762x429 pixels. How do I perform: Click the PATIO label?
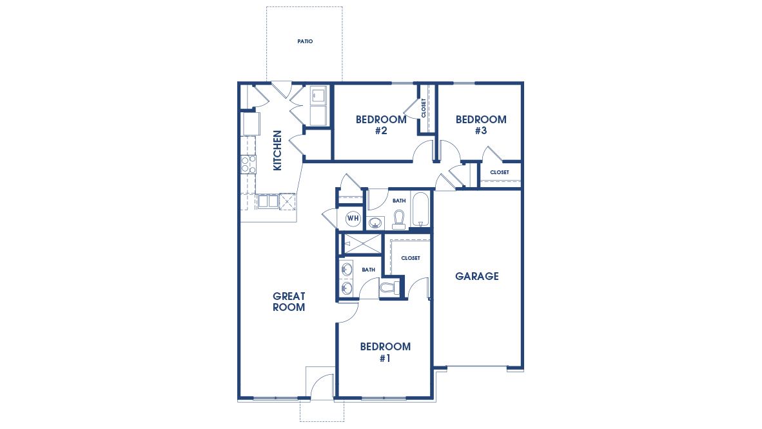(305, 41)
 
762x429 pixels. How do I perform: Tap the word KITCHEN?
(278, 150)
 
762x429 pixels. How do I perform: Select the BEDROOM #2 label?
(381, 125)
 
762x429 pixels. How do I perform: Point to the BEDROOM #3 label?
(481, 125)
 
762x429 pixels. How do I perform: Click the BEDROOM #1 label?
(385, 352)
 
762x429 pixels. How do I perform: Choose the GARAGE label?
(477, 276)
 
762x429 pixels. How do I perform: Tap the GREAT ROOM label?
(289, 302)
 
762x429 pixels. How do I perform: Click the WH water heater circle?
(353, 218)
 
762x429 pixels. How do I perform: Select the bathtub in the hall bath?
(421, 210)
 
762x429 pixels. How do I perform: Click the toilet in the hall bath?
(398, 219)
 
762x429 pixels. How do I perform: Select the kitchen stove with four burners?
(248, 165)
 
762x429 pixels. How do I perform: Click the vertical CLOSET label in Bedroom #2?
(424, 108)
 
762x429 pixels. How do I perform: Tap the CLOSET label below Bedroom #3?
(499, 172)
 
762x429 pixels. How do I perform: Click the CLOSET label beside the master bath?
(410, 258)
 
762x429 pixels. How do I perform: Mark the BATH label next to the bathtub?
(399, 201)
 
